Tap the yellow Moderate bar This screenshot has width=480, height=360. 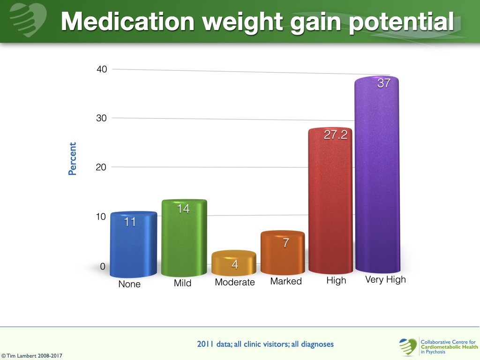[234, 263]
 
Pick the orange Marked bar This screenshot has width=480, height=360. [283, 254]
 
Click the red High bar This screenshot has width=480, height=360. [330, 202]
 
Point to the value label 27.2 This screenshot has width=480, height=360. [336, 135]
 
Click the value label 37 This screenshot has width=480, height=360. [384, 84]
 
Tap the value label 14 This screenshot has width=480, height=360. [183, 209]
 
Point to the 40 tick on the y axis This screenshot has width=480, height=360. [102, 69]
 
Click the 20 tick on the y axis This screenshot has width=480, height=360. [102, 167]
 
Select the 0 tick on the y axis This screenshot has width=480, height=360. [103, 267]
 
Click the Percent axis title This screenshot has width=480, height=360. [72, 159]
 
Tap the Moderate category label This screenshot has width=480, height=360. [234, 282]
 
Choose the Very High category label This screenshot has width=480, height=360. [385, 280]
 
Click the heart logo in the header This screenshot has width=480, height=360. [28, 20]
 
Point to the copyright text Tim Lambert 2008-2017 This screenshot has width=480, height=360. [31, 356]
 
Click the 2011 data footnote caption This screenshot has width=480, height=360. [265, 344]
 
